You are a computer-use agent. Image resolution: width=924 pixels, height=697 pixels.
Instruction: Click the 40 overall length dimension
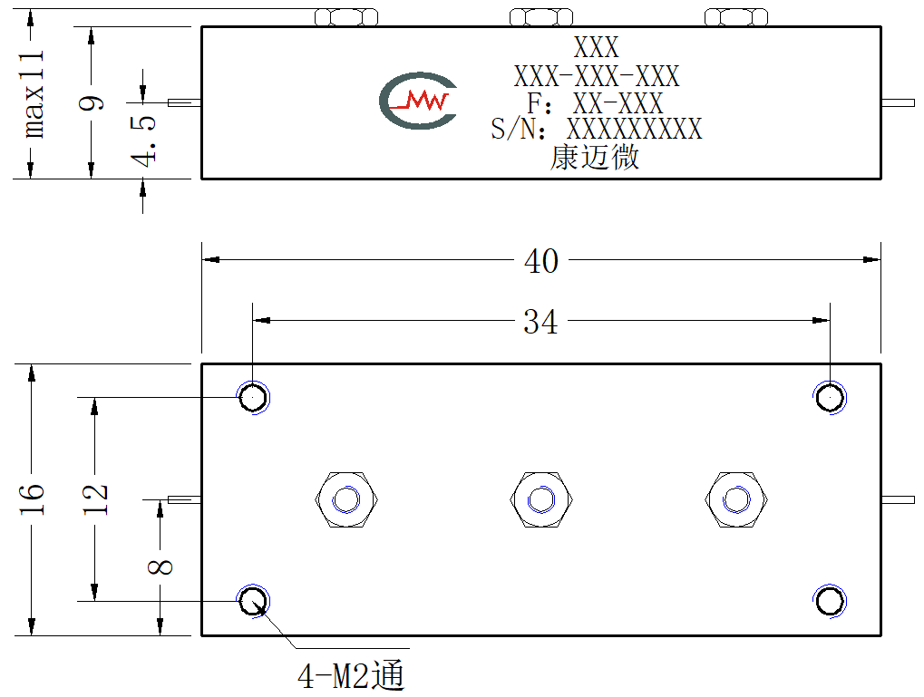[541, 260]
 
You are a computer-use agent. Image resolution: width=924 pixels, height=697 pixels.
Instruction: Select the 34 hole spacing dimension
[540, 322]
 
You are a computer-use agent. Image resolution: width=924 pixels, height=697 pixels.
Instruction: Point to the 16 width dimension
[32, 499]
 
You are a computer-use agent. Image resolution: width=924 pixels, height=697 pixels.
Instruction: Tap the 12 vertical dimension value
[95, 499]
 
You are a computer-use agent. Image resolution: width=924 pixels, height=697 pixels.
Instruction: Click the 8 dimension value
[160, 566]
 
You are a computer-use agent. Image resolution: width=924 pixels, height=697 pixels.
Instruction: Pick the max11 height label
[33, 95]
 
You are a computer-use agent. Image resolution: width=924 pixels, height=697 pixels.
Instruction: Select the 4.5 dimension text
[143, 140]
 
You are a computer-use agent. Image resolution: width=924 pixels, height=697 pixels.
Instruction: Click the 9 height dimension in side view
[92, 102]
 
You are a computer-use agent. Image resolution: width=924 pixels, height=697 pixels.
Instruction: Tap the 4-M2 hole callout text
[351, 675]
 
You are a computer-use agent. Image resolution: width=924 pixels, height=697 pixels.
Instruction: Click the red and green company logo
[418, 101]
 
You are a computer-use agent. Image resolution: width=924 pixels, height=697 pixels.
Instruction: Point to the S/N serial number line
[597, 129]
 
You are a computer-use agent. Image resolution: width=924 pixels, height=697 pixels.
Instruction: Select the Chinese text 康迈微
[595, 158]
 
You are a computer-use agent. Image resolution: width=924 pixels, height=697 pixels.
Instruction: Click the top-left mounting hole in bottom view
[253, 398]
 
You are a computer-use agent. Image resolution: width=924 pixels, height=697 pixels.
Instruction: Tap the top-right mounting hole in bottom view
[830, 398]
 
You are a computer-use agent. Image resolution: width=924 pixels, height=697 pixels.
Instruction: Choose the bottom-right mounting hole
[830, 602]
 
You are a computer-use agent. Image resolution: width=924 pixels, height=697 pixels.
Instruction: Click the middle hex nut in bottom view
[541, 499]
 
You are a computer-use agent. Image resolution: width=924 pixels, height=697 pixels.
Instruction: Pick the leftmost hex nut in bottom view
[346, 499]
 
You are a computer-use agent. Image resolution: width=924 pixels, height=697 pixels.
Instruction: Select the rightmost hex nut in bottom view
[736, 499]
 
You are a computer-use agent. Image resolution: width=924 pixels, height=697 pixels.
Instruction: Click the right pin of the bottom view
[898, 499]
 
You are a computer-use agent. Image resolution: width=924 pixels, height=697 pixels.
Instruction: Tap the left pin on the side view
[184, 103]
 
